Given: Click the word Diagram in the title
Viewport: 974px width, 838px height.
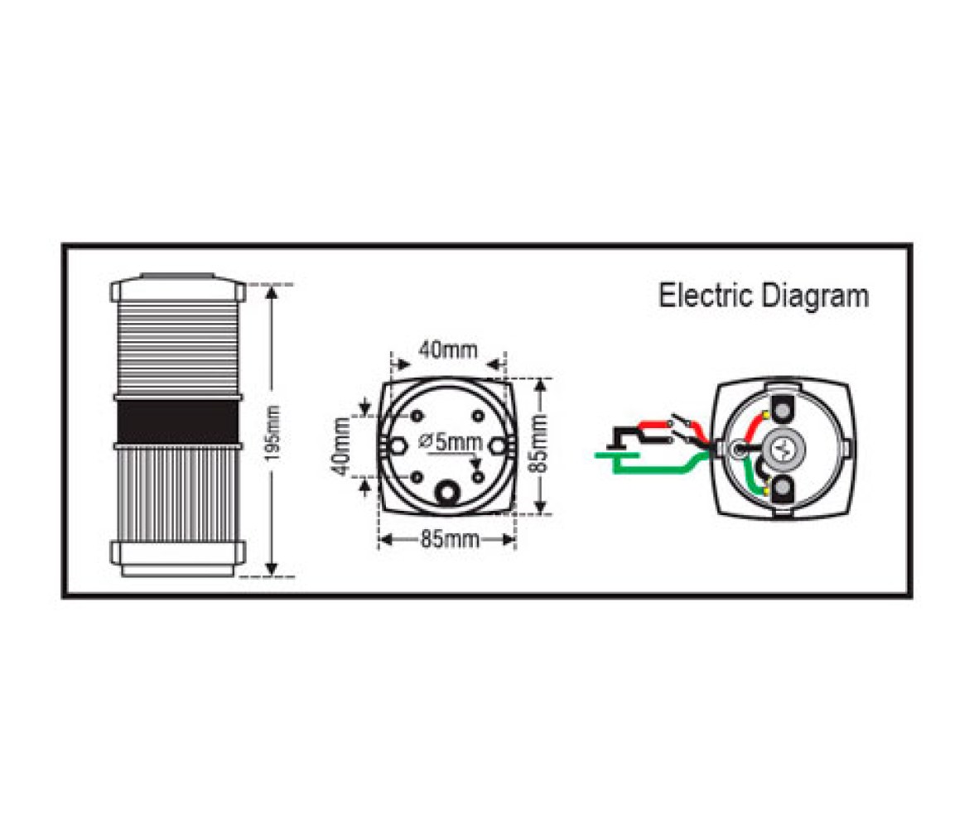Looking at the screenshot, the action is (815, 298).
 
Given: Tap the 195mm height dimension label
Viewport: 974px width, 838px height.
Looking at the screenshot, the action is (273, 434).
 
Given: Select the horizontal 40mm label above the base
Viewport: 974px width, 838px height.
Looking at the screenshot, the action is (448, 350).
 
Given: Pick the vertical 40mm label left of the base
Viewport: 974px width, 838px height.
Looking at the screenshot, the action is (341, 446).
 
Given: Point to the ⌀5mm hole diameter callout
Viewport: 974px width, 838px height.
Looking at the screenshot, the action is (451, 441).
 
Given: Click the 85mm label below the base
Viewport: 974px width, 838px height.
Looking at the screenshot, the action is (450, 539).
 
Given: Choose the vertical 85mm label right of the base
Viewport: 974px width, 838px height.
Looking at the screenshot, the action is (540, 443).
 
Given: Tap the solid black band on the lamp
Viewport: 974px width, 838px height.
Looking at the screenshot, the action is (177, 421).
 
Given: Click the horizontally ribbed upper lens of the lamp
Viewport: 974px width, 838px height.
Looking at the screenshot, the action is (177, 347).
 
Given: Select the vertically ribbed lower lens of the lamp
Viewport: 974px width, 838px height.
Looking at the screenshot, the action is (177, 494).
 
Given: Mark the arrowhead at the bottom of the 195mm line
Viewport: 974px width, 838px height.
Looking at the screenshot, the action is (272, 569).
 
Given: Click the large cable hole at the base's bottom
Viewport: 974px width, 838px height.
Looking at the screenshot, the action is (446, 494).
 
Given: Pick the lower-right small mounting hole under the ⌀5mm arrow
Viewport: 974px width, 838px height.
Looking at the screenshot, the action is (479, 476).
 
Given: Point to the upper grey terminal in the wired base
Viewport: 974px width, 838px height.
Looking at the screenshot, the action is (784, 411).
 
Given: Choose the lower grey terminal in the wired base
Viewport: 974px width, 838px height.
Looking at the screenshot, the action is (784, 489).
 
